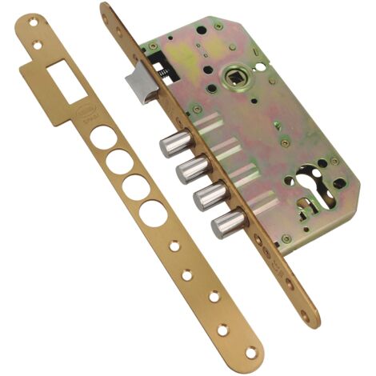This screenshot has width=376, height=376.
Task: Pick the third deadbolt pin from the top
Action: pyautogui.click(x=206, y=197)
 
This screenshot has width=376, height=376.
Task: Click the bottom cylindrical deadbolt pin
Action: pyautogui.click(x=224, y=226)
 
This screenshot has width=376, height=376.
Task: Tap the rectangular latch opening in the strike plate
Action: pyautogui.click(x=62, y=78)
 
